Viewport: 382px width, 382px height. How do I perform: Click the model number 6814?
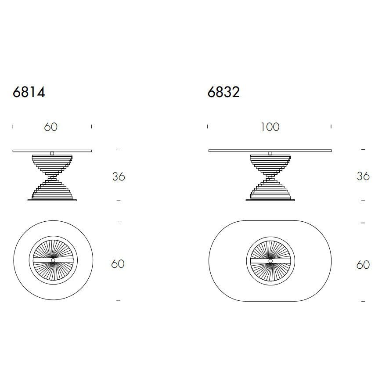click(x=29, y=92)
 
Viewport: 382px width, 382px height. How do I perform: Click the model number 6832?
click(x=223, y=92)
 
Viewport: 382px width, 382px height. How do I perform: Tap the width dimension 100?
click(x=270, y=127)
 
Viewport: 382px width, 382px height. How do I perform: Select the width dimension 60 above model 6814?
click(x=50, y=127)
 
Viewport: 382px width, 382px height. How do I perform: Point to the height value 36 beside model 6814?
click(x=119, y=177)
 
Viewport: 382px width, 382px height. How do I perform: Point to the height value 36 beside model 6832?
click(x=363, y=176)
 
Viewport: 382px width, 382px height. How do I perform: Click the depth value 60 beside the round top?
click(x=118, y=264)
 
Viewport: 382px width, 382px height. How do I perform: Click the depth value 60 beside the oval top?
click(x=363, y=265)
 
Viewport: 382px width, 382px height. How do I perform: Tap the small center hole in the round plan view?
click(x=53, y=260)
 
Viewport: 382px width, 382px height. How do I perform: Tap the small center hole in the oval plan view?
click(x=270, y=261)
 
